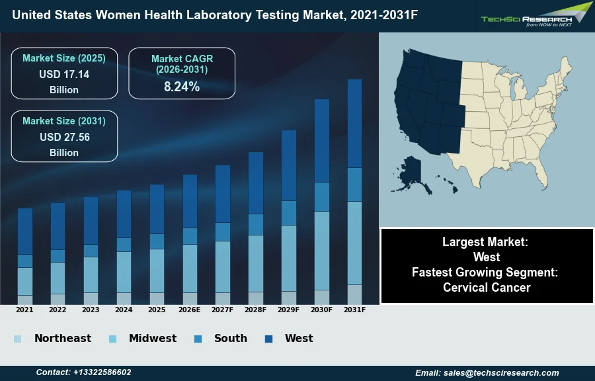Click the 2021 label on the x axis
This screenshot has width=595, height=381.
pyautogui.click(x=24, y=310)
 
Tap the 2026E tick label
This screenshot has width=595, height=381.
pyautogui.click(x=190, y=310)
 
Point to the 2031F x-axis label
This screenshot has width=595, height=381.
pyautogui.click(x=355, y=310)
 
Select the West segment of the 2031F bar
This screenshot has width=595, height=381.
pyautogui.click(x=355, y=124)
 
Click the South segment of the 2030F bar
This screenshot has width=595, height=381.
pyautogui.click(x=322, y=196)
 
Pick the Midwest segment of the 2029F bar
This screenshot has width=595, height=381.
pyautogui.click(x=289, y=258)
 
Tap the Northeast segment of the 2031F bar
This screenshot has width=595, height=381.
pyautogui.click(x=355, y=294)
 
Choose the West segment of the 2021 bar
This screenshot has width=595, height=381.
pyautogui.click(x=25, y=231)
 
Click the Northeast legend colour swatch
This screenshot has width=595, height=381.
pyautogui.click(x=17, y=339)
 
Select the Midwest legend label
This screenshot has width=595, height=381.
pyautogui.click(x=153, y=338)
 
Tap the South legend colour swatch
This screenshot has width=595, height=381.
pyautogui.click(x=198, y=339)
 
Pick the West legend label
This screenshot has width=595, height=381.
pyautogui.click(x=299, y=338)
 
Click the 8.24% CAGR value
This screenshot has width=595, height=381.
pyautogui.click(x=182, y=87)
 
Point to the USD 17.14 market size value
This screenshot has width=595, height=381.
pyautogui.click(x=64, y=74)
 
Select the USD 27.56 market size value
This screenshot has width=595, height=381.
pyautogui.click(x=64, y=137)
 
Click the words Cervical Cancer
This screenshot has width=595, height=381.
pyautogui.click(x=487, y=287)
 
